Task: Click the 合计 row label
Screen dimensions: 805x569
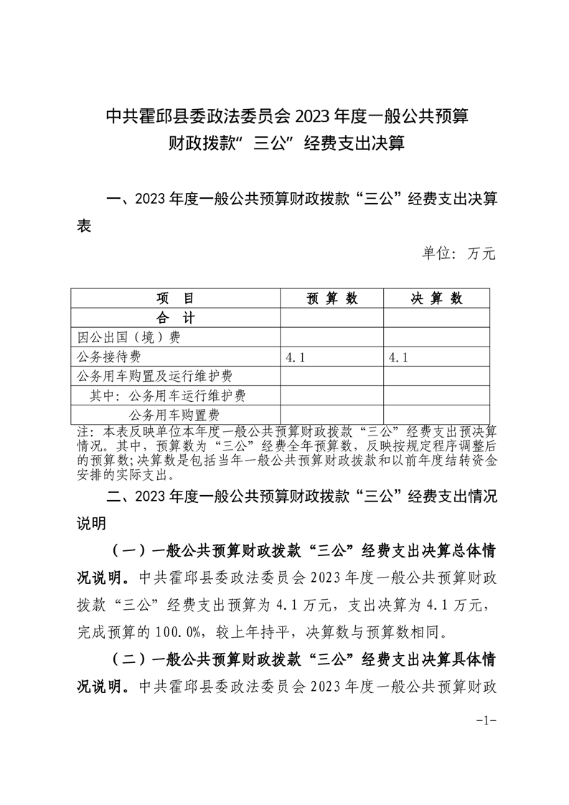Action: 175,317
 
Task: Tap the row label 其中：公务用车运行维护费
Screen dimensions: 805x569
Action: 168,395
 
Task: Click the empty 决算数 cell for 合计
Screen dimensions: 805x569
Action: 436,317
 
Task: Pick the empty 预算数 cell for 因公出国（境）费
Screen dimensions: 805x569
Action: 331,336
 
